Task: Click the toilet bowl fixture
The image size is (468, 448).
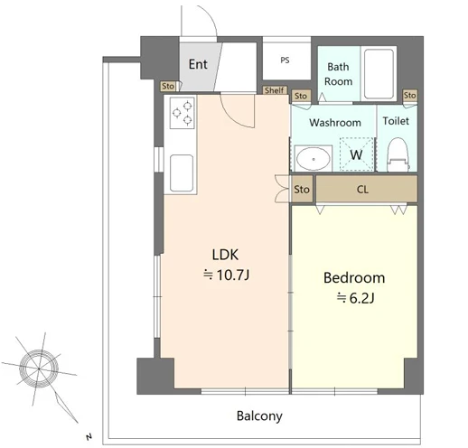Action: tap(398, 154)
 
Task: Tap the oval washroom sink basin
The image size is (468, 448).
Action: tap(313, 158)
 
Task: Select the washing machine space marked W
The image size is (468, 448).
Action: tap(356, 154)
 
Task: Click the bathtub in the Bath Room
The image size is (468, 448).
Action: tap(379, 74)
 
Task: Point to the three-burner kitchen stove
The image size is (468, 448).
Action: tap(183, 113)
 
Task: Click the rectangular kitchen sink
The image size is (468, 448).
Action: tap(182, 173)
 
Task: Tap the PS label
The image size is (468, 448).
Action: tap(285, 61)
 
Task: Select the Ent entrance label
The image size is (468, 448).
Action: tap(198, 64)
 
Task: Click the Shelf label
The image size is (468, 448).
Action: tap(275, 90)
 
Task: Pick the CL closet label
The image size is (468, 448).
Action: tap(362, 190)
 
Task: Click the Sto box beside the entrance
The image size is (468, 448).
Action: tap(168, 86)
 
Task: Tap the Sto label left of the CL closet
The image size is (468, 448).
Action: tap(302, 190)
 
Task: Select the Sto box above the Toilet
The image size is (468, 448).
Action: tap(410, 96)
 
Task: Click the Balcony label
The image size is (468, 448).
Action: tap(259, 416)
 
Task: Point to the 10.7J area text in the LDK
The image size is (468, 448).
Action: tap(226, 275)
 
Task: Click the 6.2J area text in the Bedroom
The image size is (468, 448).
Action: tap(355, 298)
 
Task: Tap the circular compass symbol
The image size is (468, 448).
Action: tap(39, 369)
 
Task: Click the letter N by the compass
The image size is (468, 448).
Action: tap(89, 436)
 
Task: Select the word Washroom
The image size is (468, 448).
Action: tap(335, 123)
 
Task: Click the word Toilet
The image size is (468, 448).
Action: tap(396, 121)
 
